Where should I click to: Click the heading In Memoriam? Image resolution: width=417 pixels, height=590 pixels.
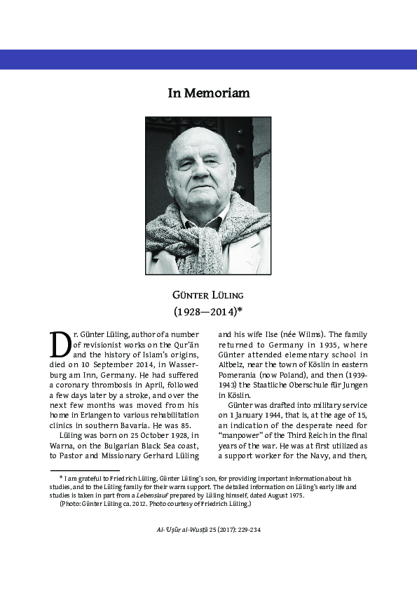click(208, 93)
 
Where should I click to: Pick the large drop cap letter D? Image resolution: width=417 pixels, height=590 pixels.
click(60, 343)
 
